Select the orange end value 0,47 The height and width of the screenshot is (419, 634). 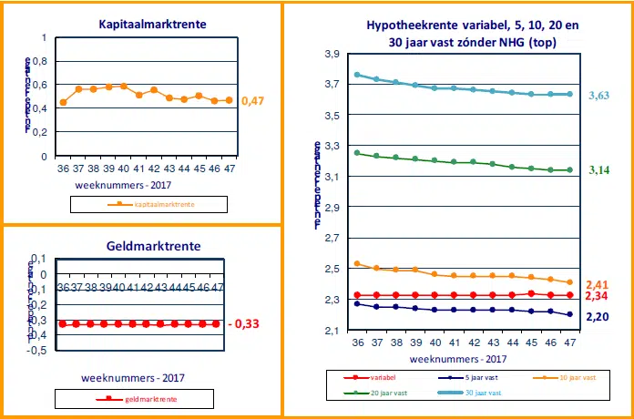tap(253, 100)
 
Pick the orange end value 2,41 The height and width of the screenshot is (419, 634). tap(598, 284)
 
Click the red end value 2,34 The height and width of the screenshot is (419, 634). tap(598, 297)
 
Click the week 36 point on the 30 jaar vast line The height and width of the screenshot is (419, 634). tap(357, 75)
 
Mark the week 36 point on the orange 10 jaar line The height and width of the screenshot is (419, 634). tap(357, 263)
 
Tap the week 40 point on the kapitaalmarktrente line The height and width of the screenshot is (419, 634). tap(123, 86)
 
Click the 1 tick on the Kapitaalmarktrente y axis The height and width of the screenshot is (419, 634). tap(43, 37)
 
